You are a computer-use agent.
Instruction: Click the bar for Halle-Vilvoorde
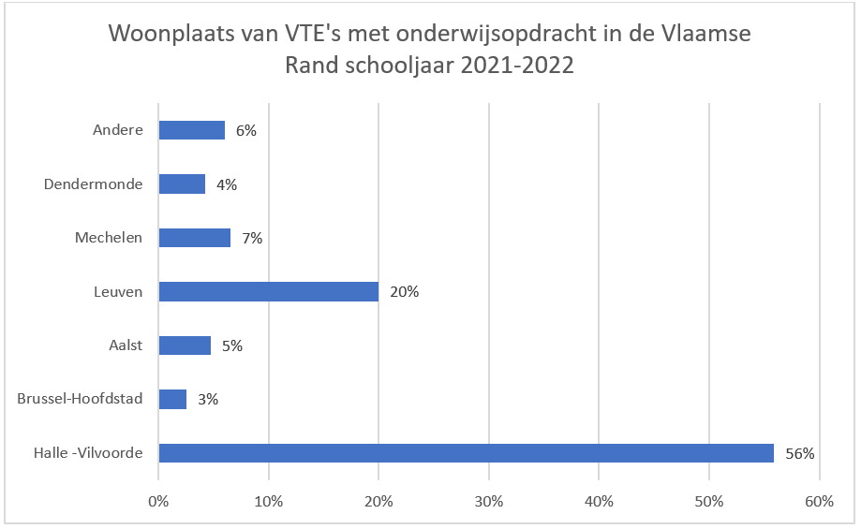pyautogui.click(x=466, y=453)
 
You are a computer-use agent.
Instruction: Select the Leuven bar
pyautogui.click(x=268, y=291)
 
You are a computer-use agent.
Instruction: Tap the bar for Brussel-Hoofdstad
pyautogui.click(x=172, y=400)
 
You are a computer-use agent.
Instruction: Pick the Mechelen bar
pyautogui.click(x=194, y=238)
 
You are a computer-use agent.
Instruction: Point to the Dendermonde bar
pyautogui.click(x=182, y=184)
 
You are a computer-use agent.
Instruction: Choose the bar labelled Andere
pyautogui.click(x=191, y=130)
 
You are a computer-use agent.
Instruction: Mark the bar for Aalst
pyautogui.click(x=185, y=345)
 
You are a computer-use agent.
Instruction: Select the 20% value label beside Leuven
pyautogui.click(x=405, y=292)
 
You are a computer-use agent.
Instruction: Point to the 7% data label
pyautogui.click(x=251, y=238)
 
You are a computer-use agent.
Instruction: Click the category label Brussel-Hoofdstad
pyautogui.click(x=80, y=399)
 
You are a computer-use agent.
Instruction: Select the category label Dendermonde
pyautogui.click(x=93, y=184)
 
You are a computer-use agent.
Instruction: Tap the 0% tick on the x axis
pyautogui.click(x=158, y=501)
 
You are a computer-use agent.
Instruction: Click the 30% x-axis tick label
pyautogui.click(x=489, y=501)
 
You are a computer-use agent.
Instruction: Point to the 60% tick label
pyautogui.click(x=819, y=501)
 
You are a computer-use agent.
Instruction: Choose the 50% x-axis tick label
pyautogui.click(x=709, y=501)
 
